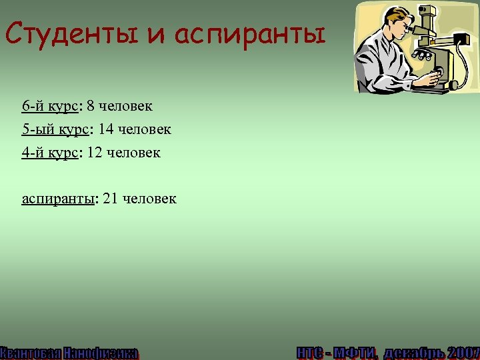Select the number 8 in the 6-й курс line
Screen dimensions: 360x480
tap(90, 107)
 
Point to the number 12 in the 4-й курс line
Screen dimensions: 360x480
tap(94, 153)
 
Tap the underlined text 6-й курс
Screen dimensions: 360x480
tap(50, 107)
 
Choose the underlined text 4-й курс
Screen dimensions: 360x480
tap(50, 153)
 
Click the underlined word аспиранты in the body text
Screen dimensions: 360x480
tap(59, 199)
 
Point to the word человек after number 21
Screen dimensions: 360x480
tap(150, 198)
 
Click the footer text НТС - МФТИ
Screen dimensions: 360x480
tap(337, 352)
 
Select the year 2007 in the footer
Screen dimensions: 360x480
tap(463, 352)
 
